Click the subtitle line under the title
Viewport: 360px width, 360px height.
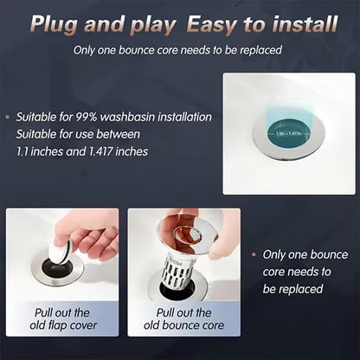click(181, 50)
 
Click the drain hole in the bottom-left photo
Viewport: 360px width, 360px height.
click(57, 270)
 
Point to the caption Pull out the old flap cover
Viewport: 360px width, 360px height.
click(65, 318)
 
